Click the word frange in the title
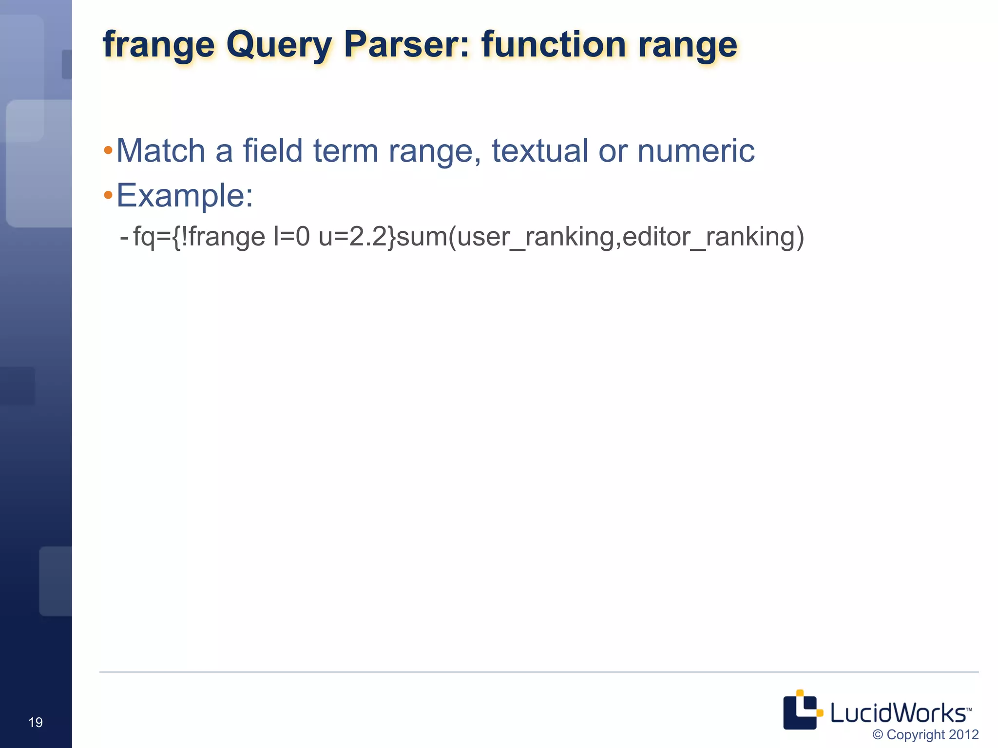(x=158, y=45)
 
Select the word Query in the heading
(x=279, y=45)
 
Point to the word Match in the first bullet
(x=161, y=150)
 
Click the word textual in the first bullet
(x=539, y=150)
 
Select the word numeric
(x=696, y=150)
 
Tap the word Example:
(x=185, y=196)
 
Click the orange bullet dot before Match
(x=108, y=150)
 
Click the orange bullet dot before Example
(x=108, y=196)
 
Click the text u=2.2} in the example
(x=358, y=237)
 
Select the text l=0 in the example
(x=291, y=237)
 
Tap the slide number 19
(x=36, y=722)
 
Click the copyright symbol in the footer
(x=878, y=735)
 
